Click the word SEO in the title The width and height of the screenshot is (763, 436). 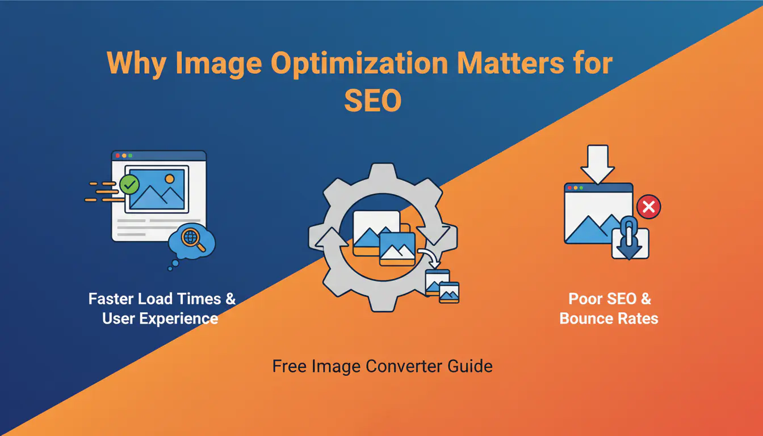pyautogui.click(x=373, y=100)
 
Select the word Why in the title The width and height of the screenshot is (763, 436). pyautogui.click(x=137, y=64)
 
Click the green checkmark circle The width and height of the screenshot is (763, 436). pyautogui.click(x=129, y=184)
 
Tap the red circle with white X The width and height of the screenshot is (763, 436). pyautogui.click(x=648, y=208)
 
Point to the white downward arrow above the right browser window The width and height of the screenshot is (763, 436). pyautogui.click(x=597, y=163)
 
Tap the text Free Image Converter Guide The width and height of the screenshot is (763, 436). pyautogui.click(x=382, y=366)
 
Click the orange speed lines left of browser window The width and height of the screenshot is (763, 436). pyautogui.click(x=102, y=191)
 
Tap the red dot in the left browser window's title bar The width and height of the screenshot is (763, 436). pyautogui.click(x=118, y=155)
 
